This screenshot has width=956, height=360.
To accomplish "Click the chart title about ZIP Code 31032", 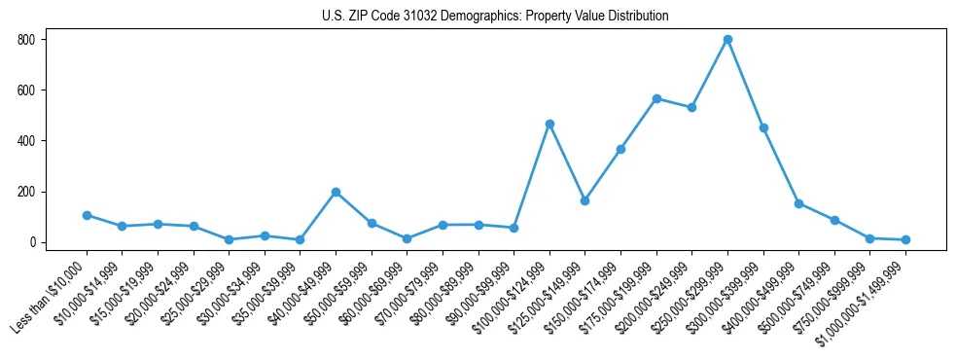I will point(495,17).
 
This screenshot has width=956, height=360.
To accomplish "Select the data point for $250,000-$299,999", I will point(727,40).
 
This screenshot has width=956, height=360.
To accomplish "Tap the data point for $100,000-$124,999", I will point(549,124).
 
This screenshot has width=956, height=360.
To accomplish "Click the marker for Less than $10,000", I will point(87,215).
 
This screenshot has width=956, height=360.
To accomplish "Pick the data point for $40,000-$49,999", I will point(336,192).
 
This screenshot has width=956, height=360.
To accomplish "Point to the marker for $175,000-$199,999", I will point(656,98).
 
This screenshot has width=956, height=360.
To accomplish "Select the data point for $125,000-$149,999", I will point(584,200).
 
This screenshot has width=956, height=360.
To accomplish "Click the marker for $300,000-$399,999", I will point(763,127).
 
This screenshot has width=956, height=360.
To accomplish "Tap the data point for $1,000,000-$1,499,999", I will point(905,239).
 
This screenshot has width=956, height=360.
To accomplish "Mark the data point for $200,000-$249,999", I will point(691,107).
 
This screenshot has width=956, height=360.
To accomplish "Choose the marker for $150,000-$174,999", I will point(620,149).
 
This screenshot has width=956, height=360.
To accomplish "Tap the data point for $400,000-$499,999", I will point(798,203).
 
